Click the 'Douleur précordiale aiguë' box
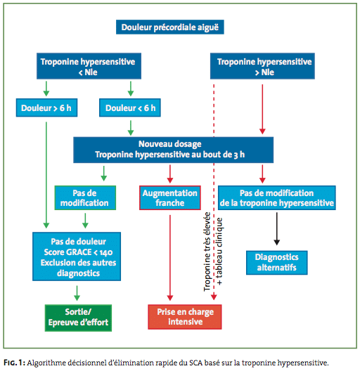pyautogui.click(x=170, y=27)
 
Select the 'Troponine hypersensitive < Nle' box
pyautogui.click(x=89, y=66)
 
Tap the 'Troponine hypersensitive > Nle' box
pyautogui.click(x=262, y=66)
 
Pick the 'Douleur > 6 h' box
pyautogui.click(x=46, y=108)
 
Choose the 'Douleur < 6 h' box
pyautogui.click(x=130, y=108)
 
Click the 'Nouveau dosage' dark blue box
pyautogui.click(x=174, y=150)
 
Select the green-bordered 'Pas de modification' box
pyautogui.click(x=85, y=198)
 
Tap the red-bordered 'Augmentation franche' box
pyautogui.click(x=170, y=198)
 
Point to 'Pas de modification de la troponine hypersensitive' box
pyautogui.click(x=277, y=198)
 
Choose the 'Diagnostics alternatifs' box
pyautogui.click(x=277, y=263)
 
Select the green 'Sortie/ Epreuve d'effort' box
pyautogui.click(x=78, y=318)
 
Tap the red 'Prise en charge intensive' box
pyautogui.click(x=185, y=317)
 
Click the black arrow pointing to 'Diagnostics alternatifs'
pyautogui.click(x=277, y=228)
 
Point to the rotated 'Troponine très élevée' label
pyautogui.click(x=207, y=252)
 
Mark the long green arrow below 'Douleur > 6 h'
pyautogui.click(x=46, y=175)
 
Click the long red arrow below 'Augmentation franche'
pyautogui.click(x=170, y=258)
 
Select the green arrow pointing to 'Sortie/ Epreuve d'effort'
pyautogui.click(x=77, y=293)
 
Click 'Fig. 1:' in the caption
pyautogui.click(x=14, y=363)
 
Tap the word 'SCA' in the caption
pyautogui.click(x=196, y=363)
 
